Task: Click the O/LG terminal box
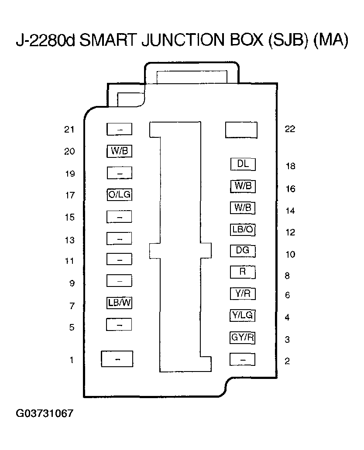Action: [119, 195]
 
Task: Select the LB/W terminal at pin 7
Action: [119, 303]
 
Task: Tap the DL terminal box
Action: [243, 164]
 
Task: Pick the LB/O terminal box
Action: [243, 230]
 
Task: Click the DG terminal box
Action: [243, 251]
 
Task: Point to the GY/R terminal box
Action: [243, 337]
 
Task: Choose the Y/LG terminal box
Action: [243, 315]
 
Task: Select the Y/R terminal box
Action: [243, 294]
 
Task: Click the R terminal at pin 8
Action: [243, 272]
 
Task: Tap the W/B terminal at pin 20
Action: [119, 151]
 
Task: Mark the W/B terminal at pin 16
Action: [243, 186]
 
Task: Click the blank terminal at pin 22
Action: [241, 130]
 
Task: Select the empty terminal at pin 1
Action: [117, 359]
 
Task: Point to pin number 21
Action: [69, 130]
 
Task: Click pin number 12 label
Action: [290, 232]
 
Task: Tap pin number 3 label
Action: [287, 340]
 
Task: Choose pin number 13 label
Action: [69, 240]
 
